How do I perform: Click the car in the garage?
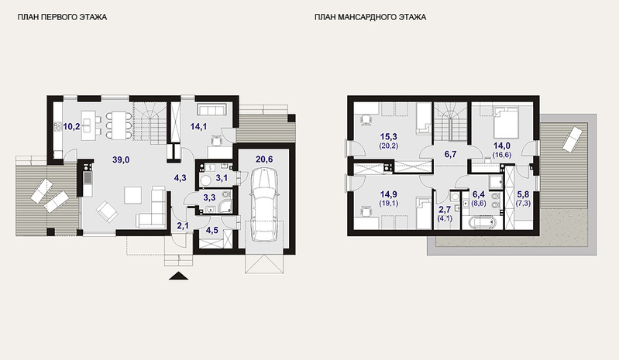(x=265, y=204)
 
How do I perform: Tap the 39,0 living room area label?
(x=121, y=159)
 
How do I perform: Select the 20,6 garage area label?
(x=264, y=159)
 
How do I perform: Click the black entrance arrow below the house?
(x=178, y=276)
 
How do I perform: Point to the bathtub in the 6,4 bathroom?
(x=482, y=223)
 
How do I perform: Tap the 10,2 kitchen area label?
(x=71, y=126)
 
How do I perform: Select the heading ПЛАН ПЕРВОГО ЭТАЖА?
(x=62, y=17)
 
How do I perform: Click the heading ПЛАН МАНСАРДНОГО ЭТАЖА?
(x=370, y=17)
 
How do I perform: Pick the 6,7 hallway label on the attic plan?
(x=450, y=154)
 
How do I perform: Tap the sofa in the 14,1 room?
(x=211, y=109)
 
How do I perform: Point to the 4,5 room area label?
(x=212, y=230)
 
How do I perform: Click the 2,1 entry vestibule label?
(x=183, y=226)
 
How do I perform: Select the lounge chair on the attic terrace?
(x=573, y=139)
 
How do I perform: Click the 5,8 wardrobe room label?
(x=523, y=194)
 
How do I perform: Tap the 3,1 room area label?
(x=221, y=178)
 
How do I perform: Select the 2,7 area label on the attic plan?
(x=445, y=210)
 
